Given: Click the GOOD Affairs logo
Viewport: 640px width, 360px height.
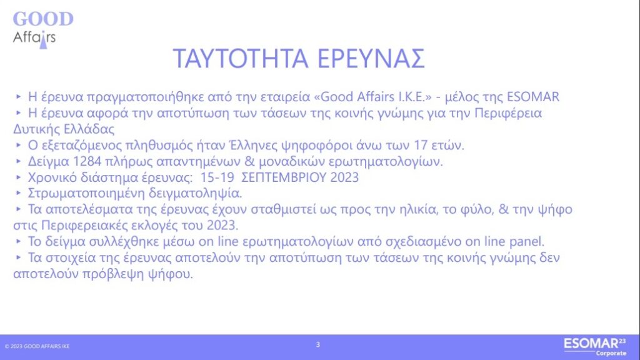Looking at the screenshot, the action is (x=43, y=30).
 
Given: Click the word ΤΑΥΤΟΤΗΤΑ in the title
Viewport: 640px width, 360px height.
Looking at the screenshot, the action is (x=241, y=58).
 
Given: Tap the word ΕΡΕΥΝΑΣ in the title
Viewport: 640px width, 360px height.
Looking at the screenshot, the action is (x=371, y=58).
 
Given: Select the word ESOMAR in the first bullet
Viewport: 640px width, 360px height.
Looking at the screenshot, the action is (x=533, y=97).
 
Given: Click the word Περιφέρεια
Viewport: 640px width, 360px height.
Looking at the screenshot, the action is (x=508, y=113).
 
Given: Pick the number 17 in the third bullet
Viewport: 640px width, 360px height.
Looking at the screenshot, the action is (x=421, y=145).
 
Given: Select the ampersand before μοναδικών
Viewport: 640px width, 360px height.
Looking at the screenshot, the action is (x=249, y=161).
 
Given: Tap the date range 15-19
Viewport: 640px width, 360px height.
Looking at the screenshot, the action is (x=217, y=177).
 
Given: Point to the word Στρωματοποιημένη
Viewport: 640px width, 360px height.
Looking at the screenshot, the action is (x=86, y=193).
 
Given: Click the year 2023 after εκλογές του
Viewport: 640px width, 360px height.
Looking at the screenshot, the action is (x=222, y=225).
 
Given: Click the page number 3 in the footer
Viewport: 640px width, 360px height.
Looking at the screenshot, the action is (x=318, y=345).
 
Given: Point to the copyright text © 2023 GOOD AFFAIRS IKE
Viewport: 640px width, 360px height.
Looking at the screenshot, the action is (x=37, y=346).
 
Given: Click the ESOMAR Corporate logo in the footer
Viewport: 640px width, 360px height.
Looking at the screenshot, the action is (x=595, y=347).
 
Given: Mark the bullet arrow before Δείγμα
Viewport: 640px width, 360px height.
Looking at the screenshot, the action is (x=18, y=161).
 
